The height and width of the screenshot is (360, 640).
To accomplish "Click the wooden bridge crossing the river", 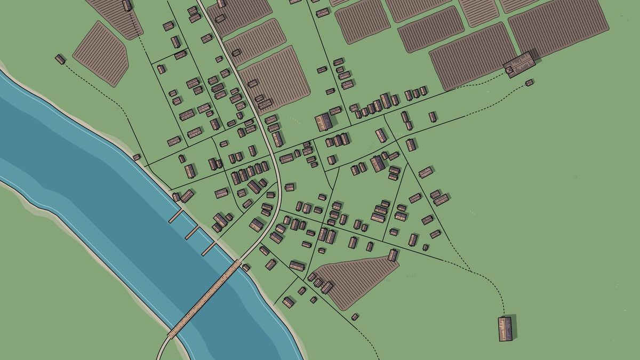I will tap(205, 299).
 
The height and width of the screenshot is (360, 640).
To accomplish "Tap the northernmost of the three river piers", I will tap(176, 216).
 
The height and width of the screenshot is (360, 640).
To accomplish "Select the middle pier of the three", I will tap(192, 232).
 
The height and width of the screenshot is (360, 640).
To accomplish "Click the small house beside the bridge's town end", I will tap(246, 267).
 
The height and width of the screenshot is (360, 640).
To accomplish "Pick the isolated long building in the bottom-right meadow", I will tap(505, 329).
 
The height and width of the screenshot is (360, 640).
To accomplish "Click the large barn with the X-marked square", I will tap(519, 65).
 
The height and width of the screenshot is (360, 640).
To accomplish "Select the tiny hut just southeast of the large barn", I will tap(529, 83).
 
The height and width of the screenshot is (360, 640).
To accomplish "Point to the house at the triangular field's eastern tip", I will tap(393, 255).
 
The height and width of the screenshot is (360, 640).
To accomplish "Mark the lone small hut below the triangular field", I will tap(355, 317).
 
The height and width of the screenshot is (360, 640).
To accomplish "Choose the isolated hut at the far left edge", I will tap(60, 59).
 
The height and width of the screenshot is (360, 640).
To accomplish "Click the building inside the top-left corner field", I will tap(126, 6).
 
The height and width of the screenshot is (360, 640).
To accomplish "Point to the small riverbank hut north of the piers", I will tap(137, 157).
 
